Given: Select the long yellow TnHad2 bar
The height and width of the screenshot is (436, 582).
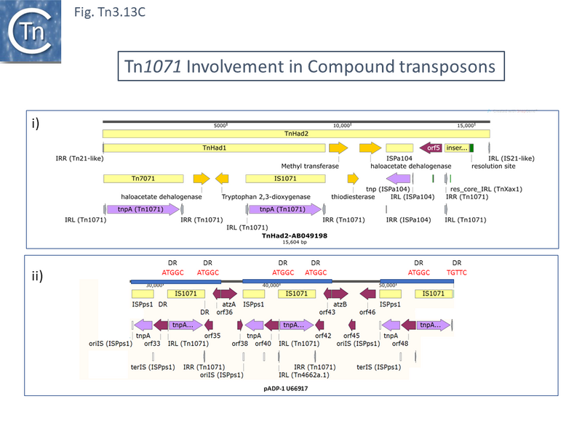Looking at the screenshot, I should [295, 134].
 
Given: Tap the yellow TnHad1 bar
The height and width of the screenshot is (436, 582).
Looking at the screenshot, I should [215, 148].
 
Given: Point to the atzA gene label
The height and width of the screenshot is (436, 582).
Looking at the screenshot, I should [228, 305].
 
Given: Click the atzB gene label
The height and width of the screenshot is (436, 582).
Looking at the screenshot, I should [340, 305].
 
